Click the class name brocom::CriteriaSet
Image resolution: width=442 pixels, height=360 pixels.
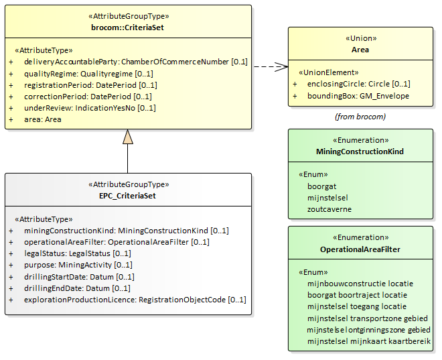(x=127, y=27)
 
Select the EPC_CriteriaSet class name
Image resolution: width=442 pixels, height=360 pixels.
(x=127, y=196)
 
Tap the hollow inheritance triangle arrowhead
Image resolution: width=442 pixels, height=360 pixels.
(x=128, y=137)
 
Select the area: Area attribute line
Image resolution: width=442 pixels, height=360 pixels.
(x=43, y=119)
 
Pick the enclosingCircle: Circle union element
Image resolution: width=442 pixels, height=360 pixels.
(x=358, y=84)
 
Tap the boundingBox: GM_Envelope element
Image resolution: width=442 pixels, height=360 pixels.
(x=358, y=96)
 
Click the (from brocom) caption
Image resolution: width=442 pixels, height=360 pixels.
(x=360, y=117)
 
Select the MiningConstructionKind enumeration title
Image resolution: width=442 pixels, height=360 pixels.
(x=360, y=152)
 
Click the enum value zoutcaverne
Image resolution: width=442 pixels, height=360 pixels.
(x=329, y=209)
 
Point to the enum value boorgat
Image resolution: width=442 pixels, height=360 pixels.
(x=321, y=186)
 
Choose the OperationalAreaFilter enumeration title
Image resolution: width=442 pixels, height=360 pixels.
(x=360, y=249)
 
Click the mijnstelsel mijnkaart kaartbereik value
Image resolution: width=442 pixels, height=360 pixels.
(x=369, y=341)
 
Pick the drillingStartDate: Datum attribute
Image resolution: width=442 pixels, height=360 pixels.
(x=79, y=277)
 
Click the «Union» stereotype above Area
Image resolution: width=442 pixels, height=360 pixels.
(x=360, y=38)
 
